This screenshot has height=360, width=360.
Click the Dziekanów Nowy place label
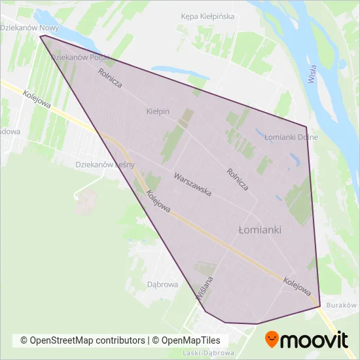(29, 28)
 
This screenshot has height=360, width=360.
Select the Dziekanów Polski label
(79, 58)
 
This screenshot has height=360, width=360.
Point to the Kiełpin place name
(158, 112)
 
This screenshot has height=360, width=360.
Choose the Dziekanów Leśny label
(105, 165)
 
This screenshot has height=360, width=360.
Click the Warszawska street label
(192, 185)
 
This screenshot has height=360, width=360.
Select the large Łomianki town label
(259, 230)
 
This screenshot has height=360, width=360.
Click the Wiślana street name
(204, 289)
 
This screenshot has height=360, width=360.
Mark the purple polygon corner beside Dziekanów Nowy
(41, 36)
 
